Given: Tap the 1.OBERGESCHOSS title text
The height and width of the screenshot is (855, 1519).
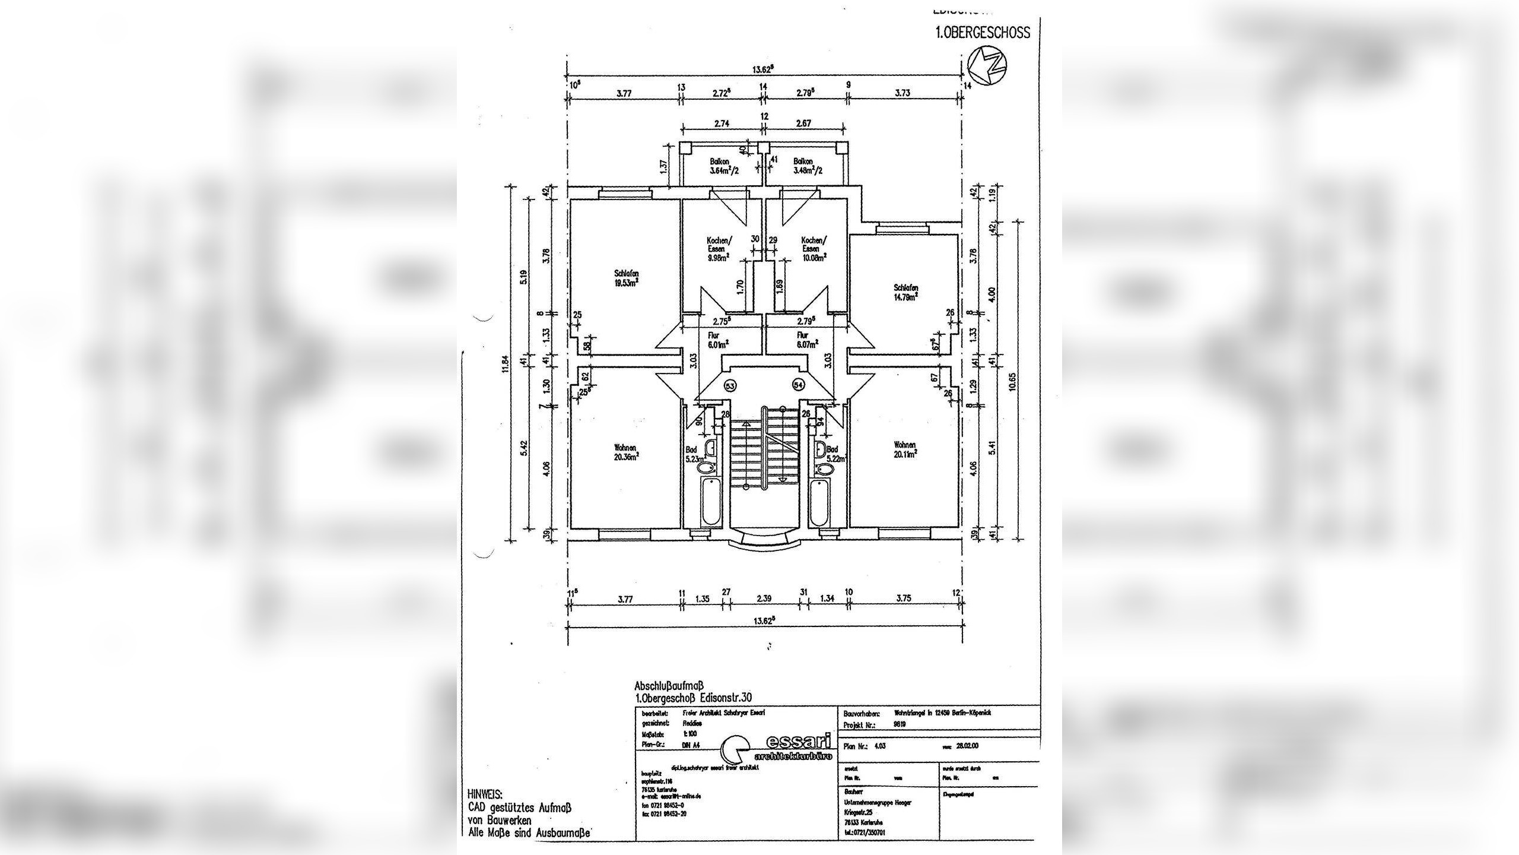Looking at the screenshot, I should [983, 33].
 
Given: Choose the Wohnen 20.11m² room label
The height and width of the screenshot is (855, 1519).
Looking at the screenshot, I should [905, 449].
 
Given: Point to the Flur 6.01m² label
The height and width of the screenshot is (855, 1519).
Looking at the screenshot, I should [714, 338].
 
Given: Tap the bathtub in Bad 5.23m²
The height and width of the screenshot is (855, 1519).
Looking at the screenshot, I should [710, 503].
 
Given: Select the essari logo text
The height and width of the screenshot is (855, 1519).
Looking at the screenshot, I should [796, 743].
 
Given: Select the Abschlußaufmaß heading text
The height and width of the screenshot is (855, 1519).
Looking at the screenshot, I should [668, 686].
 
